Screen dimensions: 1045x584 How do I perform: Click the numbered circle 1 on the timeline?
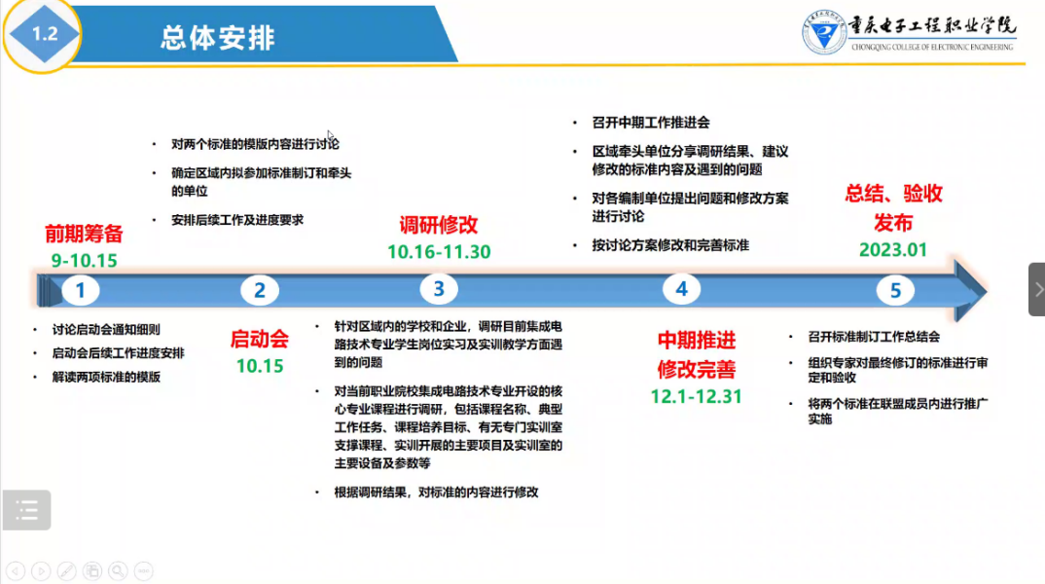80,291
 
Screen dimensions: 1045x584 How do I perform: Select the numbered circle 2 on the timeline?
259,291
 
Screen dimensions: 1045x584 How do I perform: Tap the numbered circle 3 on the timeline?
439,289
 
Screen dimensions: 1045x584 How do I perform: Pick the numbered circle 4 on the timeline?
681,289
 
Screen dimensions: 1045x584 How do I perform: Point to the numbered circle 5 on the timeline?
895,291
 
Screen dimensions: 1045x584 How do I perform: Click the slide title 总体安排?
218,38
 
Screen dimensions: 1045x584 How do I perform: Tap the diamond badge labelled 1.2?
44,34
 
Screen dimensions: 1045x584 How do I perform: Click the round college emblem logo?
824,32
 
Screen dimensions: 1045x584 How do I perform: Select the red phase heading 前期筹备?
84,234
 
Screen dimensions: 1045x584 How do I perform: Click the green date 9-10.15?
84,261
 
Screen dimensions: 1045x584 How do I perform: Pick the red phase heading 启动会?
259,340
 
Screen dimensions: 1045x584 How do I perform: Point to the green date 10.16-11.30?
439,252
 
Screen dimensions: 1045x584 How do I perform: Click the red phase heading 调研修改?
439,226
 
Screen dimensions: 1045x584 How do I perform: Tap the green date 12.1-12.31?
697,397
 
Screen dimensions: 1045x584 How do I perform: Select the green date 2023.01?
893,250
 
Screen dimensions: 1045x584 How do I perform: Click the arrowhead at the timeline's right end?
970,291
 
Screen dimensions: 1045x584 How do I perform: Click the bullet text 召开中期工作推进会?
651,123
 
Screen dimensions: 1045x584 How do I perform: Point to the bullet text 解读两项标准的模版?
107,378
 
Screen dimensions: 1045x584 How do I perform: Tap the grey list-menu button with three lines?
26,511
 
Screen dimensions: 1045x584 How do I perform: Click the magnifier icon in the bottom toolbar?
118,571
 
